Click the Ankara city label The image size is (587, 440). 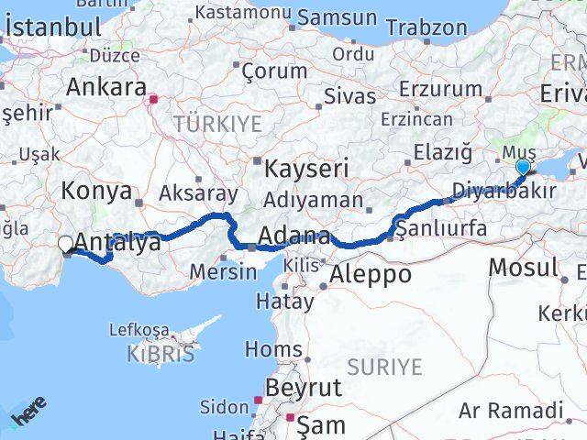[105, 88]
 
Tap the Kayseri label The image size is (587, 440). [306, 168]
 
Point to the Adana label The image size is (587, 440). [293, 236]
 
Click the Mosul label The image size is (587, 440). [523, 268]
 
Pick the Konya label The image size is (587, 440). [95, 191]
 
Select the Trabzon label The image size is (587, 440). [426, 27]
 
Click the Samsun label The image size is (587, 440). [337, 17]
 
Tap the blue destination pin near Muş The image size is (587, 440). [523, 166]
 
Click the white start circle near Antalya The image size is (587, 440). [65, 244]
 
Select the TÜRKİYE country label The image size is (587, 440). [217, 123]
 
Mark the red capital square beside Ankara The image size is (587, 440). [154, 99]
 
